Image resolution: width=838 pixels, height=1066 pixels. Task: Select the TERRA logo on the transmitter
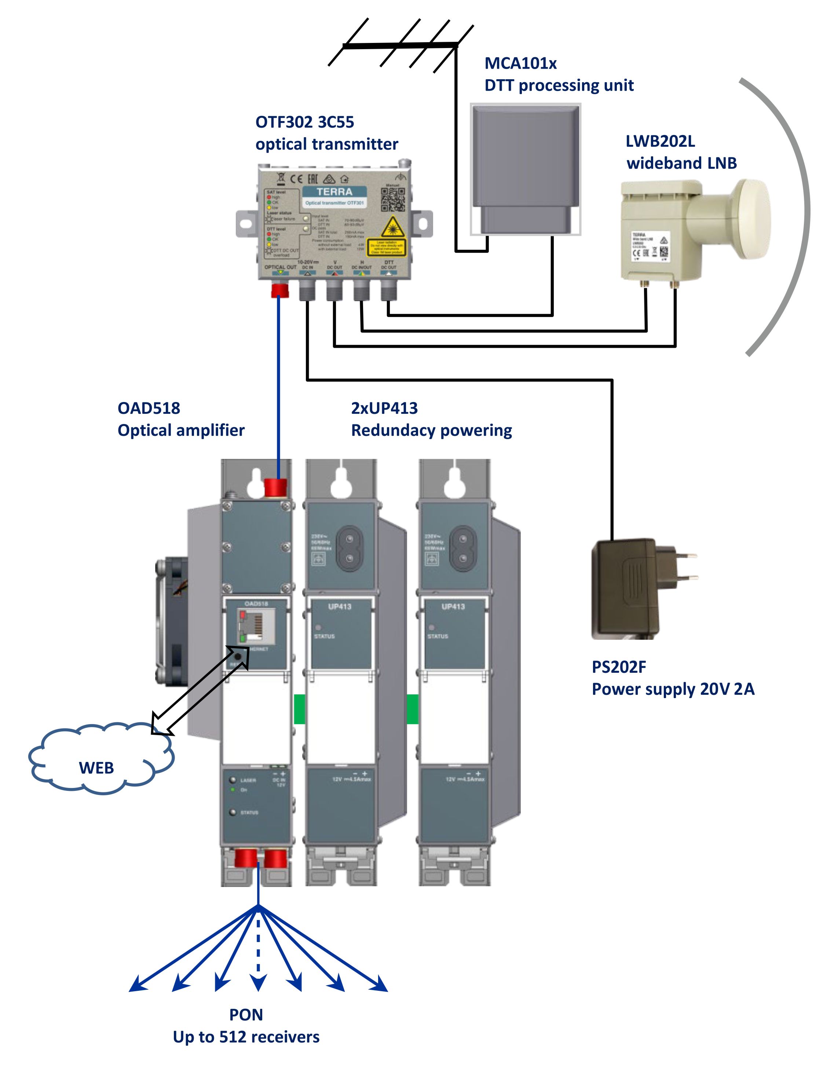click(x=334, y=192)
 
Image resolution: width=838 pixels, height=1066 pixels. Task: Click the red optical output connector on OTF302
click(x=280, y=289)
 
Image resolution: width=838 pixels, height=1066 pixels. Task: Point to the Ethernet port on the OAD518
click(x=255, y=626)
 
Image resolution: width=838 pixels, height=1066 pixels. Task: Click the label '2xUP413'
click(x=384, y=408)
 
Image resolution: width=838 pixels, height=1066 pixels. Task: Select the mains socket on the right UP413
click(x=462, y=549)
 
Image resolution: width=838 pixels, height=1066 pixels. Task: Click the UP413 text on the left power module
click(x=340, y=607)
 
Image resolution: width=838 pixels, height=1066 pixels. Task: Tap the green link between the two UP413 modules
click(x=413, y=709)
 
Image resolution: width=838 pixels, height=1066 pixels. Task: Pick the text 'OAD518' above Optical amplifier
click(x=149, y=408)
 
